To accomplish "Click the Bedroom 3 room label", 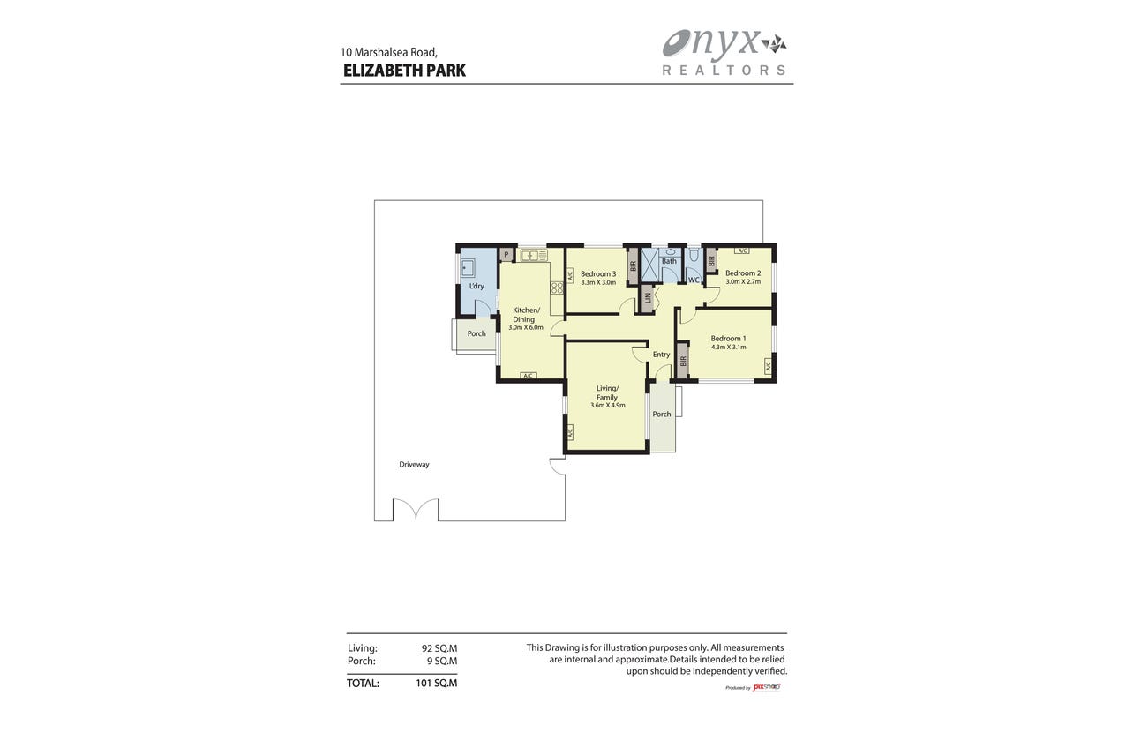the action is [x=598, y=274].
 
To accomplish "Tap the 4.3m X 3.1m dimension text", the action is [x=728, y=348].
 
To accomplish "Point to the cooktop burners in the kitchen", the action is [x=557, y=288].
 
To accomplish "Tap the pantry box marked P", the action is [x=506, y=254].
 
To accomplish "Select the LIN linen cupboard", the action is [x=647, y=298].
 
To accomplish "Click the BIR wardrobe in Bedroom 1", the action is [x=683, y=361].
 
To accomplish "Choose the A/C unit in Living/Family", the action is [x=569, y=432].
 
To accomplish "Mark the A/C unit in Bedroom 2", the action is [x=742, y=250].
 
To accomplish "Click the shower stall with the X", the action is [x=650, y=265].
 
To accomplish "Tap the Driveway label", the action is [x=414, y=464].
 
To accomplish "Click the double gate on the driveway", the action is [x=416, y=510].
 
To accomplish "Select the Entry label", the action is [x=661, y=355].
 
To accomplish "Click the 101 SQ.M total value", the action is [x=437, y=684].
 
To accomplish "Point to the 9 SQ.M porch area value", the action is [x=442, y=661].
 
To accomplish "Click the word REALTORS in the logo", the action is [x=724, y=71].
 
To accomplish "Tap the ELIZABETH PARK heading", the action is [x=404, y=71].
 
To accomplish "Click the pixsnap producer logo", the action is [x=766, y=687].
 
